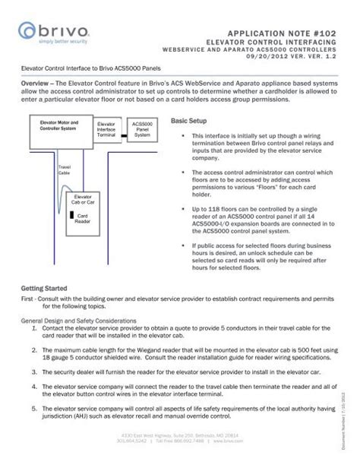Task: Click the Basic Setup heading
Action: coord(188,121)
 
